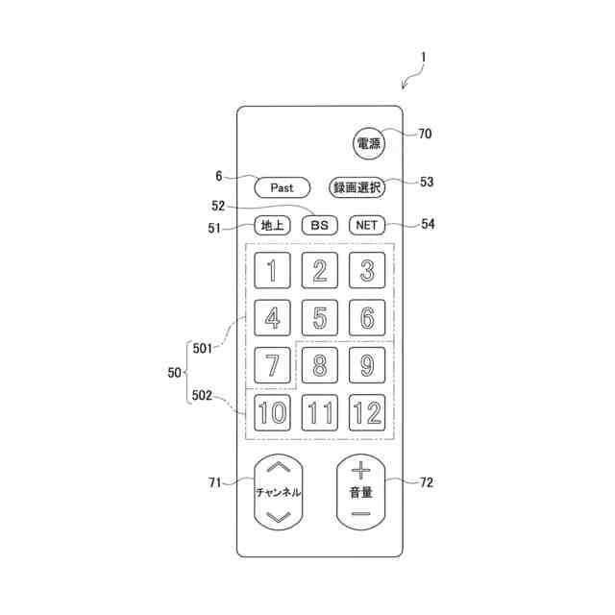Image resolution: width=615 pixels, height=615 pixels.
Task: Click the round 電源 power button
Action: click(368, 144)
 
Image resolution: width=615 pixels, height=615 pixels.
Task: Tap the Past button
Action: click(282, 187)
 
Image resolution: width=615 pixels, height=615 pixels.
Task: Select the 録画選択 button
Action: click(357, 187)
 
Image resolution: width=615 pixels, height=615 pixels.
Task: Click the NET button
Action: click(366, 226)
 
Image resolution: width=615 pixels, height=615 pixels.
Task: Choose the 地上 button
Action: click(272, 226)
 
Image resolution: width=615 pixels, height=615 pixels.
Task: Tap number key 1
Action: click(272, 271)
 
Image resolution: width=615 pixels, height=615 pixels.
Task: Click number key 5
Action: click(319, 317)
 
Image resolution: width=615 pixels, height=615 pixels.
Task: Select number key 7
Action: click(272, 365)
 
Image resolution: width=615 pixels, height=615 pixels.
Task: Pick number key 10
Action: click(272, 413)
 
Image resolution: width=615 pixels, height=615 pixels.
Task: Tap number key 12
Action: click(366, 413)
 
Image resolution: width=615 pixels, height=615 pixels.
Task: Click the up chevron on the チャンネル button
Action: click(278, 467)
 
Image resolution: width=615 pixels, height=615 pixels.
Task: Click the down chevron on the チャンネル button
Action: click(278, 517)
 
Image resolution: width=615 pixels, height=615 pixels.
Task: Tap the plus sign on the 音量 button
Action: click(360, 470)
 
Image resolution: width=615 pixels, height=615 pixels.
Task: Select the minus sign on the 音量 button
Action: click(360, 514)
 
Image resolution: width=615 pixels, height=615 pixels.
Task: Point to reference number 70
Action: click(424, 134)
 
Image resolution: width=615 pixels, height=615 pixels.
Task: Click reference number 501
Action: click(202, 348)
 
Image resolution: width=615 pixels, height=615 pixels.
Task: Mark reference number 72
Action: click(426, 482)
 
